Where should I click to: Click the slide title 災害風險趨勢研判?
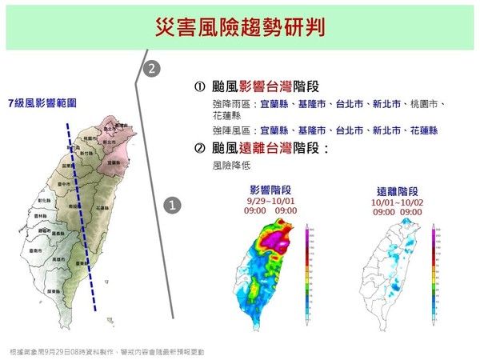[x=239, y=27]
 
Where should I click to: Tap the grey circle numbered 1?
[x=171, y=206]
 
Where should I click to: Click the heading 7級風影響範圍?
[x=42, y=103]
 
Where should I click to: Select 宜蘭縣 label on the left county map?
[x=114, y=162]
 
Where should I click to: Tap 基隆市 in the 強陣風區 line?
[x=308, y=130]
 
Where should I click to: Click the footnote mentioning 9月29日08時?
[x=107, y=352]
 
